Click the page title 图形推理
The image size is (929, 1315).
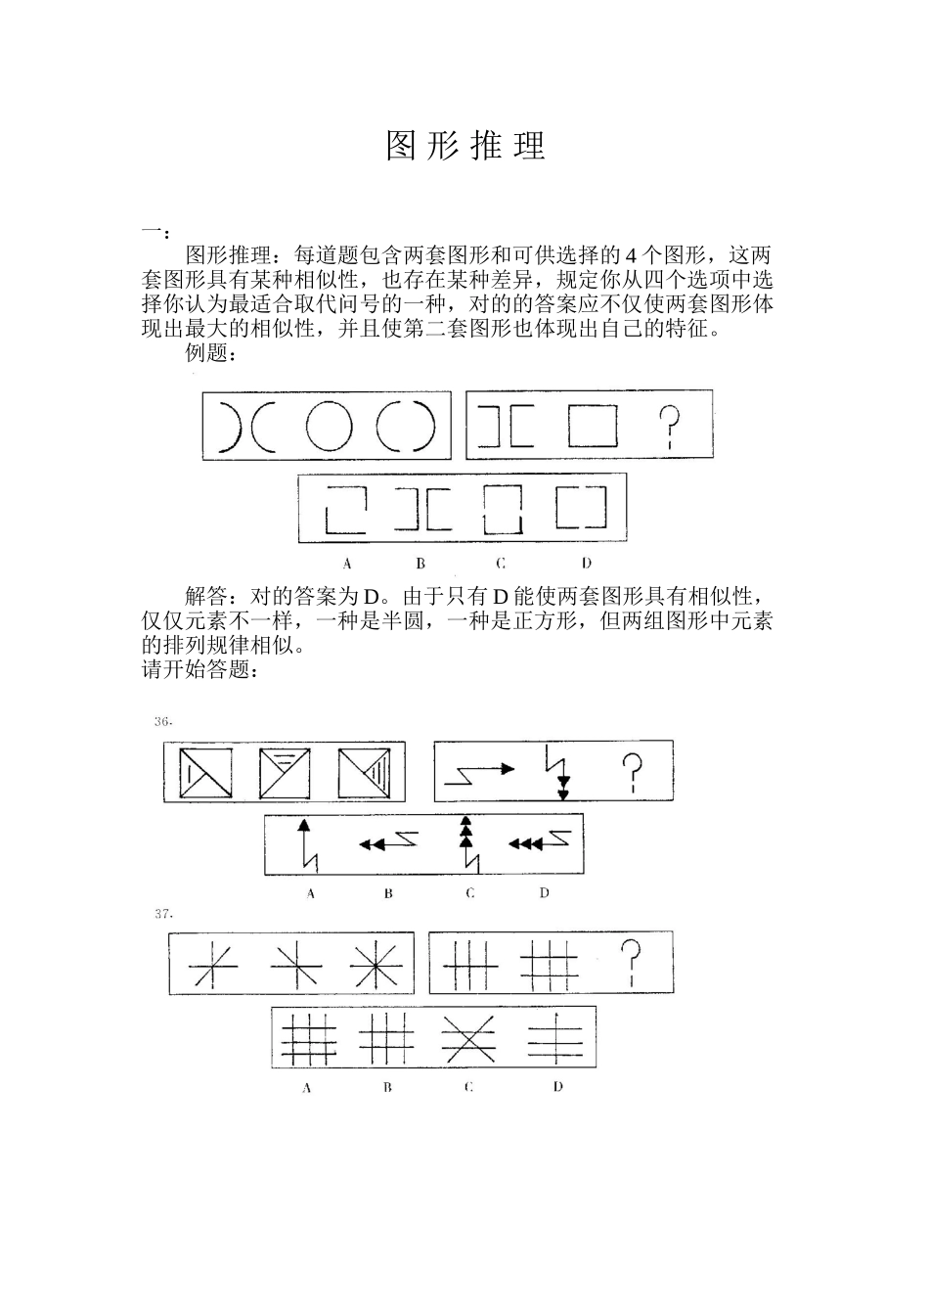click(465, 145)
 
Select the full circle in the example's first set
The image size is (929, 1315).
click(328, 428)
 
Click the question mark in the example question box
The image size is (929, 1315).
click(669, 428)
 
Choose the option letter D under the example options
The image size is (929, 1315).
click(586, 563)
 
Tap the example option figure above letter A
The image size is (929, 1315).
click(346, 510)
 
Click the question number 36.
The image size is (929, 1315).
click(163, 722)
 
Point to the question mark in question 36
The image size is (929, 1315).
click(634, 772)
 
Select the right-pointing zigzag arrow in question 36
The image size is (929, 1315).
click(479, 772)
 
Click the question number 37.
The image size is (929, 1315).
click(163, 914)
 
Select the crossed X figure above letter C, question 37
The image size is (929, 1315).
click(467, 1038)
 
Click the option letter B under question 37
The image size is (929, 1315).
click(387, 1087)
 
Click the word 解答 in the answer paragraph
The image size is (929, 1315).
click(206, 596)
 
